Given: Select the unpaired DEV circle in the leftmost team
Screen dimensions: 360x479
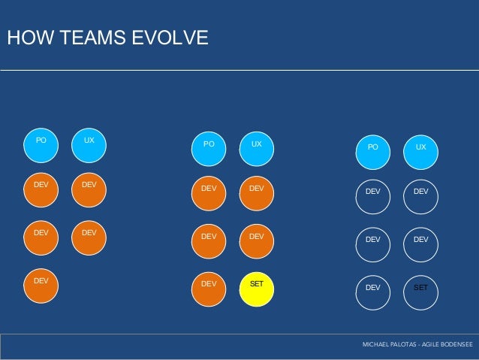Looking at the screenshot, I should (41, 286).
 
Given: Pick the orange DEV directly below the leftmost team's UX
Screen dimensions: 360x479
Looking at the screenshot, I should (89, 190).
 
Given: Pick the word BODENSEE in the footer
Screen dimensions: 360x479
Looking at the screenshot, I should (459, 344).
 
